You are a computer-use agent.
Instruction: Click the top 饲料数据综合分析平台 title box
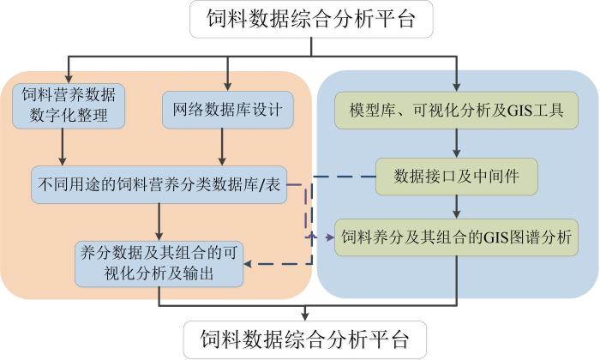pos(311,19)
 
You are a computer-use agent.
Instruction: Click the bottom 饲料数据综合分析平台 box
pos(305,339)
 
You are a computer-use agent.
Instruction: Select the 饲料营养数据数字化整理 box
pos(69,105)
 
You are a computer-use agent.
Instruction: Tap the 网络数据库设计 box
pos(228,110)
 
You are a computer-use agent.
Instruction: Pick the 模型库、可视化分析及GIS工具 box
pos(456,111)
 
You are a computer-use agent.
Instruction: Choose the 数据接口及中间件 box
pos(457,177)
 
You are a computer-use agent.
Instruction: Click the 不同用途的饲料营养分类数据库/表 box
pos(159,184)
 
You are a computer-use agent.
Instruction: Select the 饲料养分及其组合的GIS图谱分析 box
pos(456,237)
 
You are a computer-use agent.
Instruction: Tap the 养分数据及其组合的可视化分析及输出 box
pos(159,264)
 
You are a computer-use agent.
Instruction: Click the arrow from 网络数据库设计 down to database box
pos(222,147)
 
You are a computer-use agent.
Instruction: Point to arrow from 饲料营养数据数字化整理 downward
pos(63,147)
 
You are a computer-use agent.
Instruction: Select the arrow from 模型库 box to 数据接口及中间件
pos(456,143)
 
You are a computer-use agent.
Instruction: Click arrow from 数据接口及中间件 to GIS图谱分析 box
pos(456,207)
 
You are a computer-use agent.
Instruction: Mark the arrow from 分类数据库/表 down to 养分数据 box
pos(159,222)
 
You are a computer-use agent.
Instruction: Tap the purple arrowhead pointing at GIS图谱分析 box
pos(330,237)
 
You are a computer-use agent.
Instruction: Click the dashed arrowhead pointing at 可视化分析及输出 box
pos(248,264)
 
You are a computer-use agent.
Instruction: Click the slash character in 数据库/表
pos(261,185)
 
